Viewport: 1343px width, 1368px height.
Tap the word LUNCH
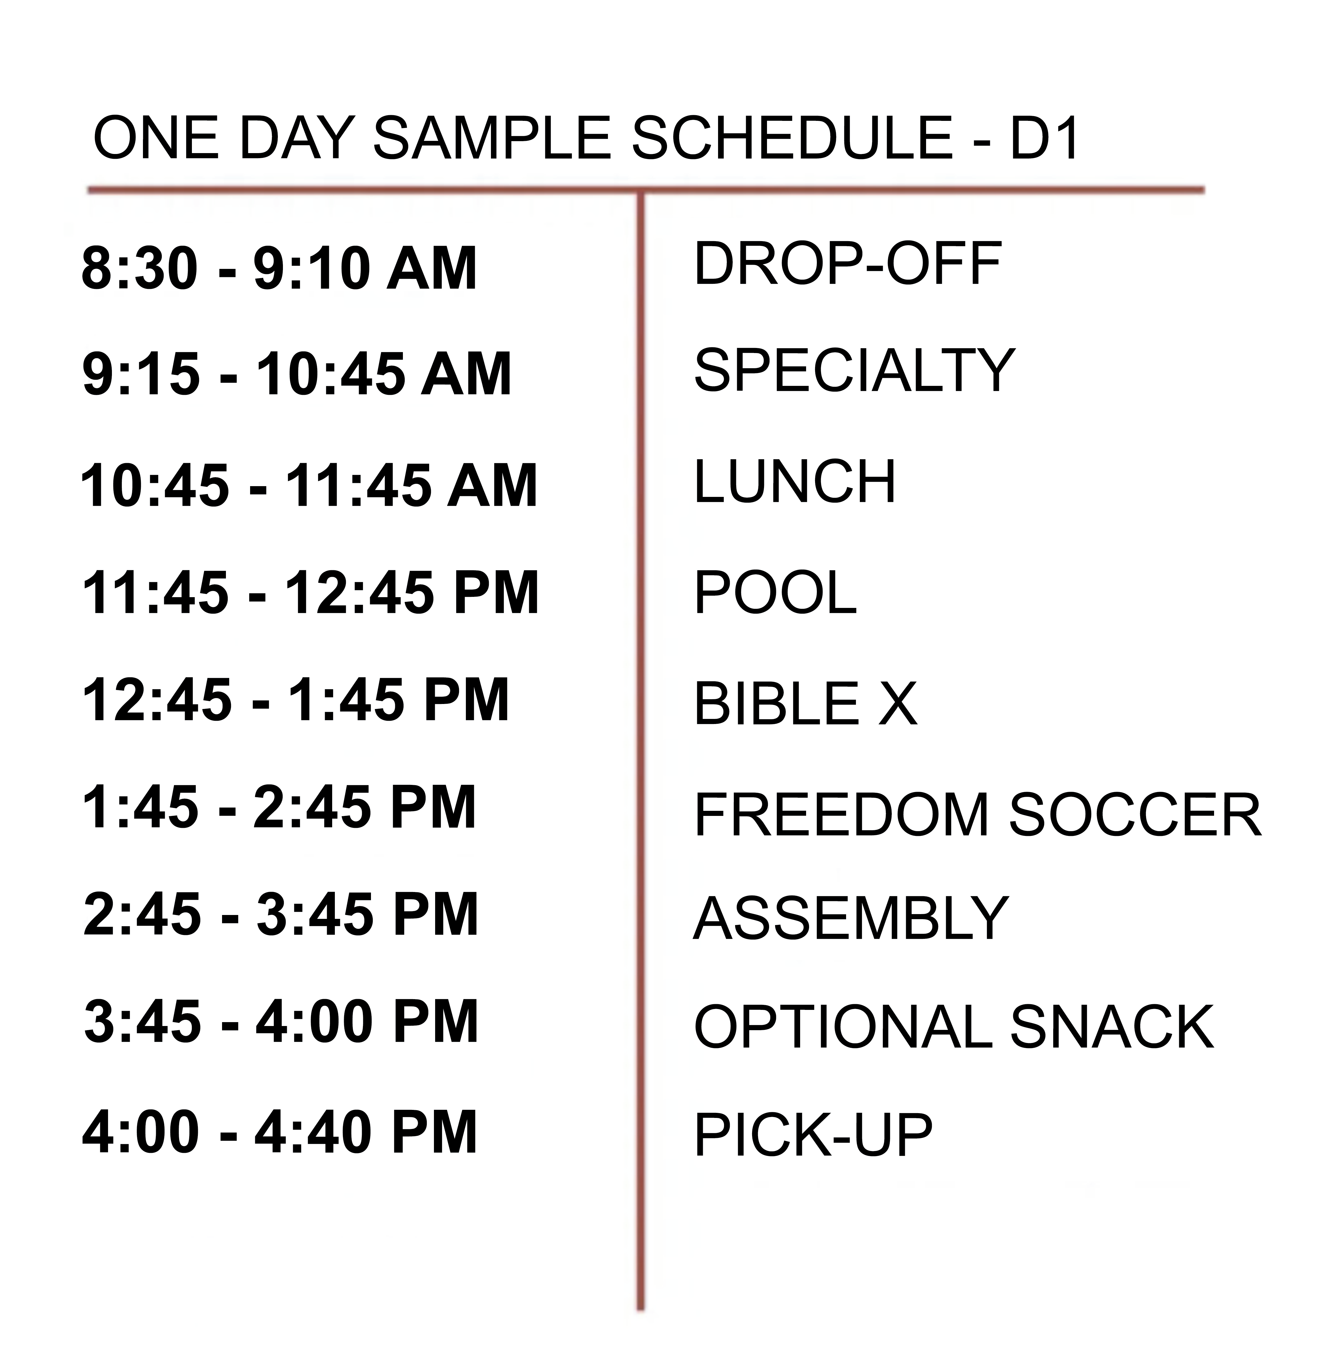(795, 482)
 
